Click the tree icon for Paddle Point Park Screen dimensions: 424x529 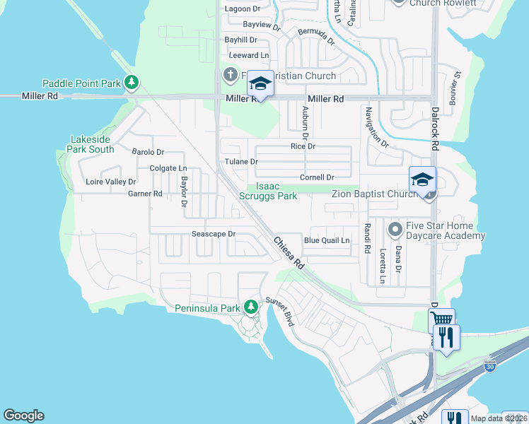[131, 83]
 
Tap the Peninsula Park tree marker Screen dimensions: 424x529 [250, 307]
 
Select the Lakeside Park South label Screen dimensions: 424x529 [91, 144]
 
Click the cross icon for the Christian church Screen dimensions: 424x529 [231, 75]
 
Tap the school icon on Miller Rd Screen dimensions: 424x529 [260, 84]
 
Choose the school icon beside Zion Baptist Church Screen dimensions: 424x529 [422, 179]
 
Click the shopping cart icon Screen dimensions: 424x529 [441, 321]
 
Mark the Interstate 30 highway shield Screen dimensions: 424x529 [490, 366]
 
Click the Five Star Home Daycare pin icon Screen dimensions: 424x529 [395, 229]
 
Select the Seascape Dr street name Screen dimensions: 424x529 [213, 234]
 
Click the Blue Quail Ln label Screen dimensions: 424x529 [327, 240]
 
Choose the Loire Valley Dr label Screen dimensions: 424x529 [110, 182]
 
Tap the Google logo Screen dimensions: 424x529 [23, 416]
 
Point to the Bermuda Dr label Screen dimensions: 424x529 [316, 36]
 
